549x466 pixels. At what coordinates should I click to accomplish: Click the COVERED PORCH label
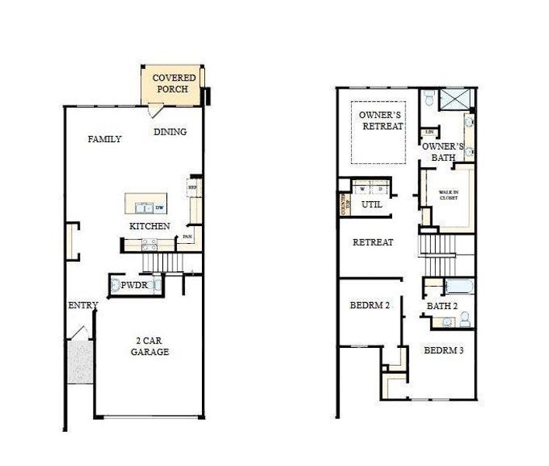173,83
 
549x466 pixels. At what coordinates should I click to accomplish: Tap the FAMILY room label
104,140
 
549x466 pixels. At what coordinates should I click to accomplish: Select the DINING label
170,132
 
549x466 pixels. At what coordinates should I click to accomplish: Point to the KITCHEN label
149,226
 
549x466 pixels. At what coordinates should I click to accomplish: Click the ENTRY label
83,305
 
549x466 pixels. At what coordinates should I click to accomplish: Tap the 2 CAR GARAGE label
148,346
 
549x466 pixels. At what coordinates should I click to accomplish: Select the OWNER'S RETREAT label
380,121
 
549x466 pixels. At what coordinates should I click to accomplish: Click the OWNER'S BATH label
443,151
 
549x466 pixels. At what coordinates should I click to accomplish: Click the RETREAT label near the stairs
373,242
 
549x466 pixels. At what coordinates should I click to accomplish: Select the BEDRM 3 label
443,350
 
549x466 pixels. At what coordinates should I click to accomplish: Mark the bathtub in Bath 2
458,287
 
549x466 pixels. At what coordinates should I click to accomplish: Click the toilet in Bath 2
465,319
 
